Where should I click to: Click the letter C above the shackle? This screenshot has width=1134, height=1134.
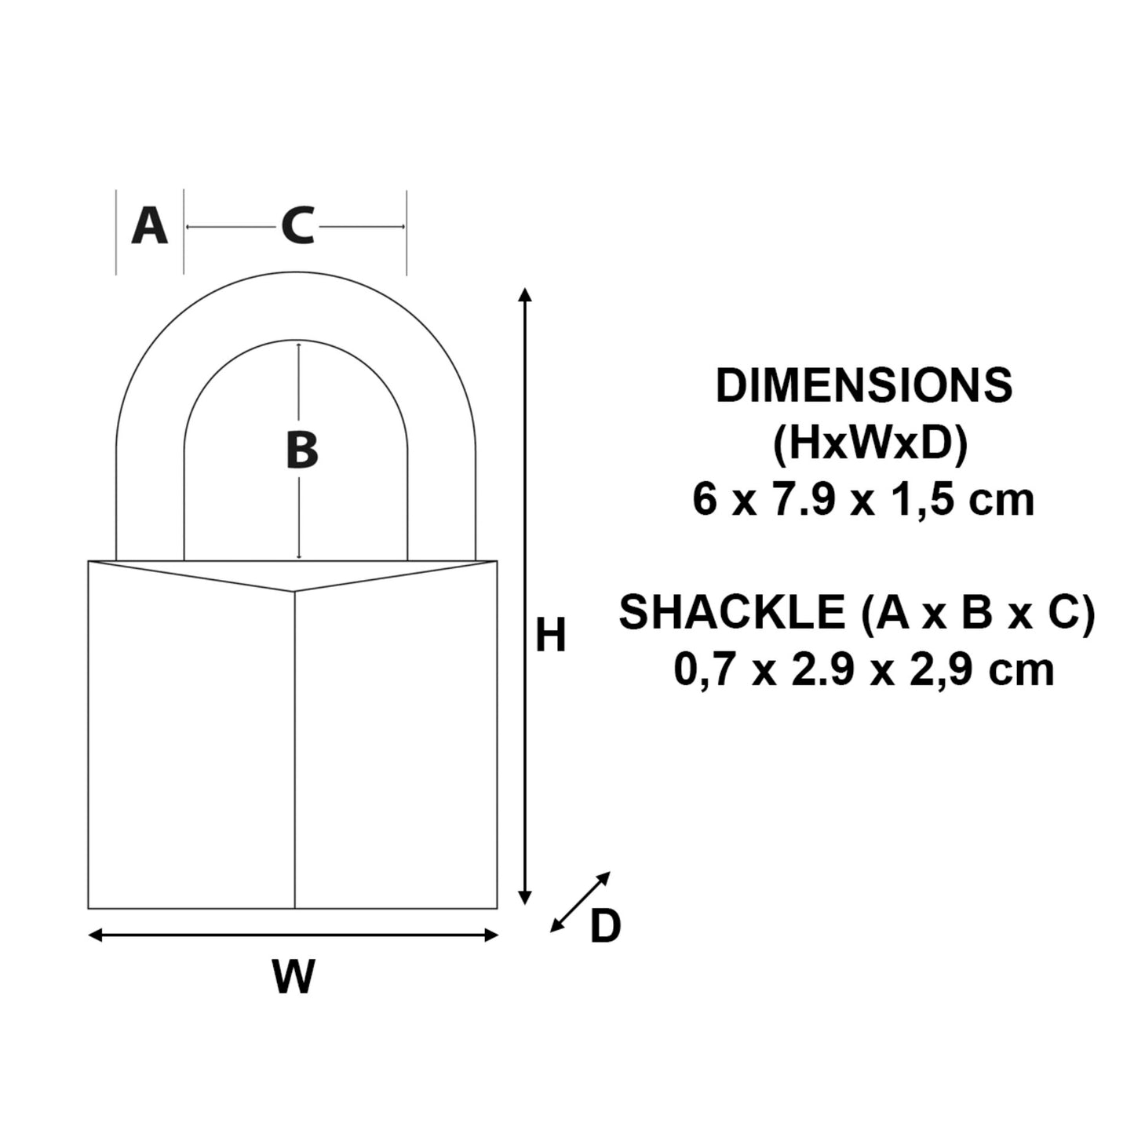(x=297, y=227)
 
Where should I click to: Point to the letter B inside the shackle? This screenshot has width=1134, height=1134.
(x=301, y=451)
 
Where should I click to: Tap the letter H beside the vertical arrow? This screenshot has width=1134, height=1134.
(x=550, y=636)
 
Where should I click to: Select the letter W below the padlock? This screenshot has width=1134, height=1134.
(x=294, y=977)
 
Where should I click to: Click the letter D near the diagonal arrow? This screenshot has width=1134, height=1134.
(x=605, y=927)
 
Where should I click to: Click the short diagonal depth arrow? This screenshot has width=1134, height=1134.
(x=580, y=902)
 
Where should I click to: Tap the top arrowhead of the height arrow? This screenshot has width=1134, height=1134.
(x=526, y=295)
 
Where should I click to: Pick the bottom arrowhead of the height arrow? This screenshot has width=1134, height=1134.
(x=526, y=898)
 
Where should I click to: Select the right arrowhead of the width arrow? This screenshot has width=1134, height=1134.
(x=491, y=935)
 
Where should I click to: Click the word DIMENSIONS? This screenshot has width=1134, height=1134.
(x=863, y=386)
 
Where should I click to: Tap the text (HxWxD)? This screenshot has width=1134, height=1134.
(x=870, y=444)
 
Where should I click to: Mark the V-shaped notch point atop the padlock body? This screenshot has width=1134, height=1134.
(x=294, y=591)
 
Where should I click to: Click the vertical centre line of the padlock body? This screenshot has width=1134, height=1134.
(x=294, y=746)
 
